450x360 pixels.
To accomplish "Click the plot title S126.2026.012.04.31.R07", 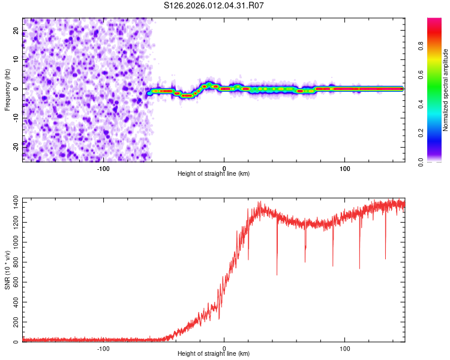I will (214, 5).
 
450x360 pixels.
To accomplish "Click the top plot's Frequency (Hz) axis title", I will (7, 90).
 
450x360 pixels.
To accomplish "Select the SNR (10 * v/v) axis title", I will (7, 270).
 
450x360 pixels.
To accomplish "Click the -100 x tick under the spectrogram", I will (103, 167).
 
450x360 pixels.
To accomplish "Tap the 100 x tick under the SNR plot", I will (345, 348).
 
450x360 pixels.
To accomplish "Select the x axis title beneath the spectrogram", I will (214, 174).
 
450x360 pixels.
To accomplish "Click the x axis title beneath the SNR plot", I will (214, 355).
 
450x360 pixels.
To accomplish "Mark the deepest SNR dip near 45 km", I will (277, 274).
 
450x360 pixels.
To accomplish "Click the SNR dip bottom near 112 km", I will (359, 268).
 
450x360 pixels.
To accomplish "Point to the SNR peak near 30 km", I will (259, 203).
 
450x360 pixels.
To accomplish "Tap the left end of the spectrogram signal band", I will (149, 93).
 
